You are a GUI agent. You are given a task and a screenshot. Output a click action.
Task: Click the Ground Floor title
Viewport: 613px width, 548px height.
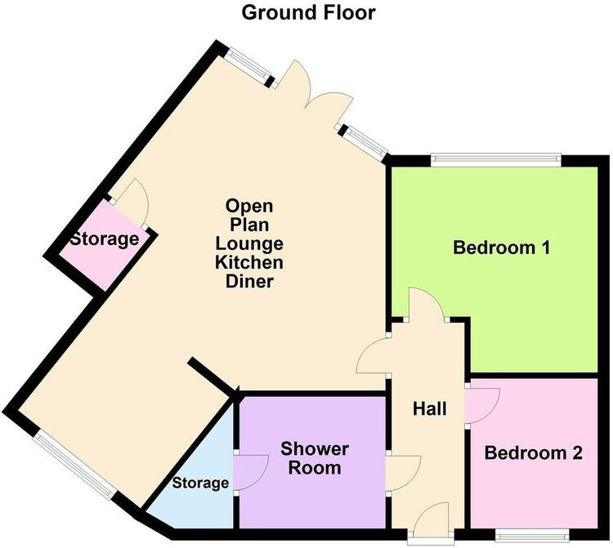tap(308, 12)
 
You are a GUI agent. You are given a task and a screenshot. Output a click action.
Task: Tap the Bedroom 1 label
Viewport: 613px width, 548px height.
tap(502, 247)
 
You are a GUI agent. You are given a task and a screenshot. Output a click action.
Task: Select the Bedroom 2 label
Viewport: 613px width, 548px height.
tap(533, 453)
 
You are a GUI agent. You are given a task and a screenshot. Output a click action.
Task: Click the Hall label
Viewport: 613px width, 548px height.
tap(430, 408)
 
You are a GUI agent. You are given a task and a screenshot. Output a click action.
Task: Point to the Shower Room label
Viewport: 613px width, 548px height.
tap(315, 458)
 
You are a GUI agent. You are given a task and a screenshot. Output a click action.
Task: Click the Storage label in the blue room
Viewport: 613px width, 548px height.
tap(200, 483)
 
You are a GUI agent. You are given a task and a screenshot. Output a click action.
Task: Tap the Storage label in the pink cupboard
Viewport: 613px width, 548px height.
tap(105, 239)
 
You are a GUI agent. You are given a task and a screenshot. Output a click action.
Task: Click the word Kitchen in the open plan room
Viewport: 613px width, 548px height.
tap(249, 262)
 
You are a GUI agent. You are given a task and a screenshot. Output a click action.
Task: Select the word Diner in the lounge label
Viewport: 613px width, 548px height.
tap(249, 281)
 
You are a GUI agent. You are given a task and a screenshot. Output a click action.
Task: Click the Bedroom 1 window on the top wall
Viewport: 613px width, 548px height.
tap(496, 158)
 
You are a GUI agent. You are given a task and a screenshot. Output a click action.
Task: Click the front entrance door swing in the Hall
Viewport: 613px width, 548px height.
tap(432, 518)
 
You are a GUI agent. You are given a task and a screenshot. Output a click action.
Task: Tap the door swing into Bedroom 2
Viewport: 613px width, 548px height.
tap(483, 406)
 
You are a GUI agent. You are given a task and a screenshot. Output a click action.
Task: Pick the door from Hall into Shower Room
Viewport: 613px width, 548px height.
tap(404, 473)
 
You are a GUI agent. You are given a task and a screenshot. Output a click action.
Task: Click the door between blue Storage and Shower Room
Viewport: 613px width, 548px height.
tap(251, 472)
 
